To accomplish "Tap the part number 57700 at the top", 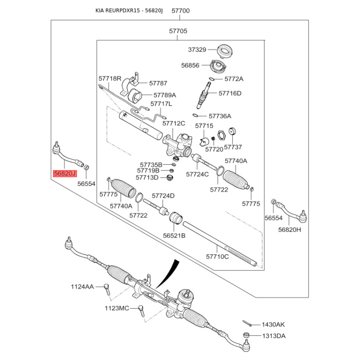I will (180, 10).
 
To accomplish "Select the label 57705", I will (178, 31).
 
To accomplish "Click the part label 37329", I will (197, 49).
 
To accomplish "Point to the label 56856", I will (190, 65).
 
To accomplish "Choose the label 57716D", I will (230, 94).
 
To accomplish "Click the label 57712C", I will (174, 123).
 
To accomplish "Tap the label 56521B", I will (174, 235).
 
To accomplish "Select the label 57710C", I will (218, 257).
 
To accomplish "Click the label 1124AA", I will (82, 287).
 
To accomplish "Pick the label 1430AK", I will (274, 324).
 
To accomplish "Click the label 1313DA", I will (274, 336).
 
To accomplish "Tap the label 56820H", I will (289, 229).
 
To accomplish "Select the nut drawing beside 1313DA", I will (246, 335).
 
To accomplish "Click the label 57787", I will (158, 83).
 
